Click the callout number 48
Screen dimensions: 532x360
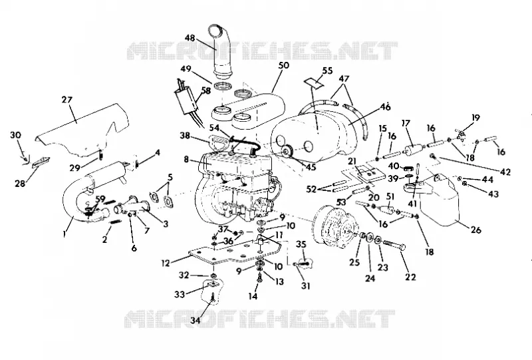(x=190, y=38)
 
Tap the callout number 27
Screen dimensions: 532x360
(x=67, y=100)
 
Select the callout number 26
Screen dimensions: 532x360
(x=476, y=230)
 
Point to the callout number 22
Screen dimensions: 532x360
(x=410, y=277)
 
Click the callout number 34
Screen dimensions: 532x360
(x=195, y=319)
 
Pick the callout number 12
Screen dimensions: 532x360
(x=165, y=264)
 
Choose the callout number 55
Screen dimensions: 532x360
(x=327, y=71)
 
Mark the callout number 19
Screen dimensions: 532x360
(x=475, y=118)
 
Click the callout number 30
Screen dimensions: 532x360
(x=15, y=135)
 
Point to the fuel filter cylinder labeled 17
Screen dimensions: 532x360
(x=413, y=150)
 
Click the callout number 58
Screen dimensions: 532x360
(x=206, y=90)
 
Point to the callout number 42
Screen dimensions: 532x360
(x=505, y=172)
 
